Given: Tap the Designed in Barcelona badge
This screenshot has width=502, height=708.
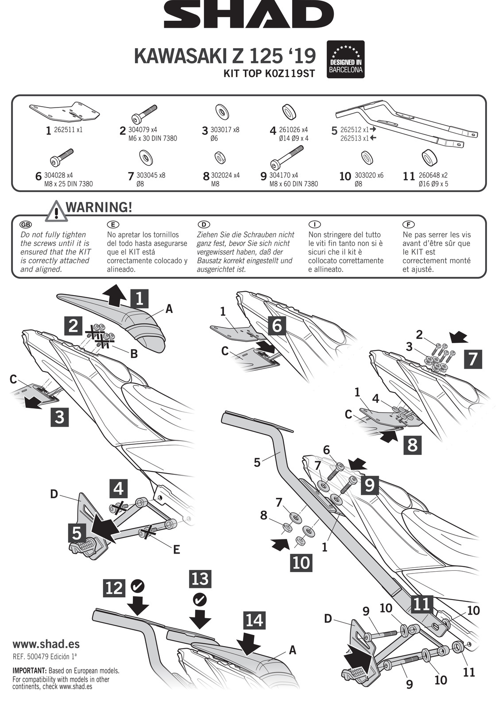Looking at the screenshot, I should tap(345, 60).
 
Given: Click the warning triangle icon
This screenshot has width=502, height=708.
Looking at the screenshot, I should tap(56, 212).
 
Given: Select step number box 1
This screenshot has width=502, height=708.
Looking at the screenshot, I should tap(140, 299).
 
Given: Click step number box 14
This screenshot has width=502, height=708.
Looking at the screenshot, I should tap(255, 620).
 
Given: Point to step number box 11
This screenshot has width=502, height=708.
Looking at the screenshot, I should tap(421, 603).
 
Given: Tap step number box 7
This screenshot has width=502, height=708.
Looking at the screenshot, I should tap(473, 359).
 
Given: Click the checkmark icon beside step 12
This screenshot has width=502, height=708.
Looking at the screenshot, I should tap(138, 586).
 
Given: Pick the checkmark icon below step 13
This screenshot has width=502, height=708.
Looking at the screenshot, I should tap(200, 600).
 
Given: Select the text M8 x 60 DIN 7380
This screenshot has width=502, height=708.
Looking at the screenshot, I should tap(293, 184).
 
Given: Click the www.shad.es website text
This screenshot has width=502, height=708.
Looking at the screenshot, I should tap(46, 644).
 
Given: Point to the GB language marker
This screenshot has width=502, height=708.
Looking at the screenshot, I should tap(26, 225).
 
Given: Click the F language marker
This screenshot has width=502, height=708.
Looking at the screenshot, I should tap(409, 225).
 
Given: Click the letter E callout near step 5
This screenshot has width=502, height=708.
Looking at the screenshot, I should tap(177, 550).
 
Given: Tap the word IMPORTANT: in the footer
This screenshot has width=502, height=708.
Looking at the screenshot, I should tap(29, 671).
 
